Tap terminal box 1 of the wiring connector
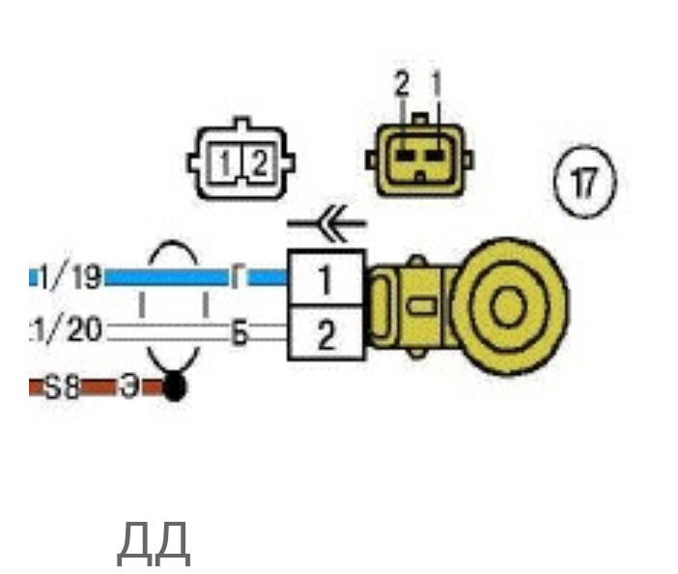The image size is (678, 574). pyautogui.click(x=325, y=280)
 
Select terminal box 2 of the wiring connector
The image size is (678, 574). pyautogui.click(x=325, y=334)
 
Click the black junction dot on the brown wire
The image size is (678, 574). pyautogui.click(x=175, y=388)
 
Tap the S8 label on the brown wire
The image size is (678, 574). pyautogui.click(x=63, y=388)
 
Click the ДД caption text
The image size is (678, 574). pyautogui.click(x=153, y=543)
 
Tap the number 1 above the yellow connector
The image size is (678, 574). pyautogui.click(x=436, y=86)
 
